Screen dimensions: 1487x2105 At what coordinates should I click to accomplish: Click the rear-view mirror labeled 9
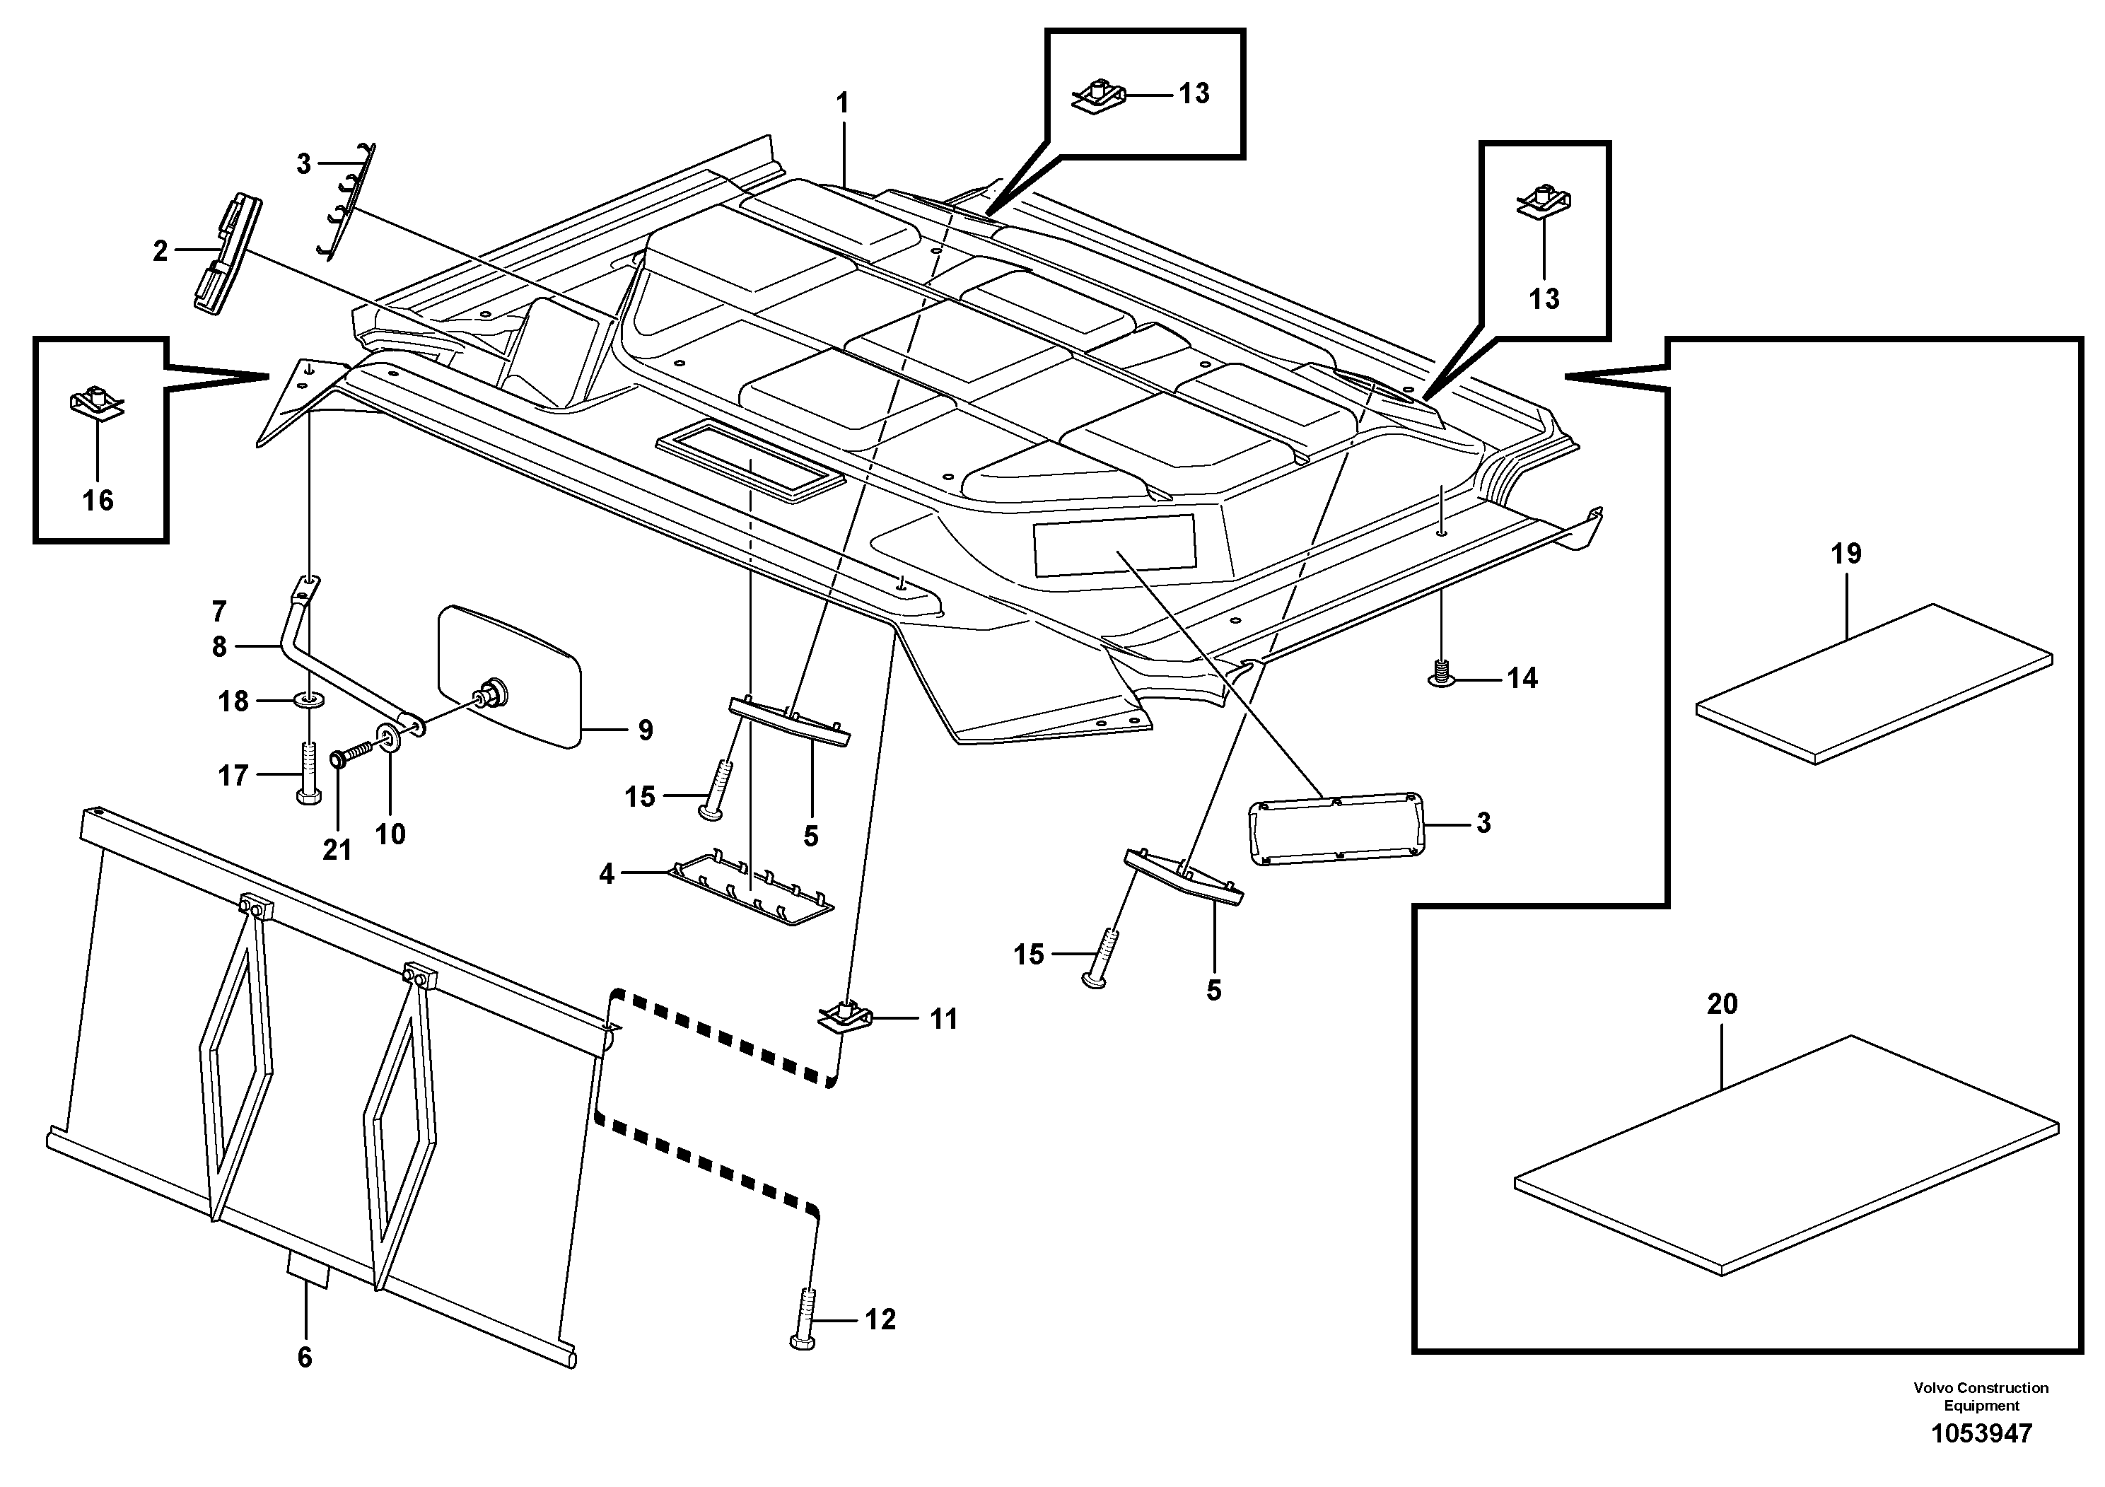(x=510, y=678)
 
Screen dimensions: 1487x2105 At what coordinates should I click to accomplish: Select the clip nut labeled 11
(x=844, y=1017)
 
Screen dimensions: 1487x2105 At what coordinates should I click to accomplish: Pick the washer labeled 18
(x=310, y=701)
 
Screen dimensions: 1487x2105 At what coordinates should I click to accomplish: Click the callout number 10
(x=390, y=834)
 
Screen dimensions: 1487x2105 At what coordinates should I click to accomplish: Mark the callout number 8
(x=219, y=647)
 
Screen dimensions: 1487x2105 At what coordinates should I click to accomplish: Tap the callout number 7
(x=219, y=611)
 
